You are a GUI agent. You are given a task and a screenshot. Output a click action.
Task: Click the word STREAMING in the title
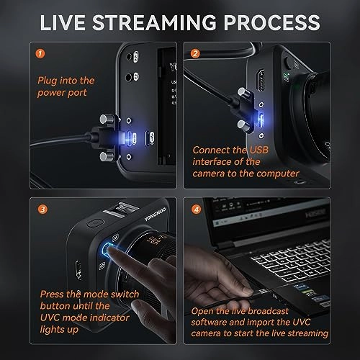pos(154,22)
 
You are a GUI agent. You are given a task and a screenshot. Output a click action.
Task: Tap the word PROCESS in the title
pos(271,22)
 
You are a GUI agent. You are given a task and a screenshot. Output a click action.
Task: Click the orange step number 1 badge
pos(40,53)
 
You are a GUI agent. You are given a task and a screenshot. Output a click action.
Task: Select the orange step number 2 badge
pos(195,53)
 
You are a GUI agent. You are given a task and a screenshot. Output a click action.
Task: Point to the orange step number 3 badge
pos(42,210)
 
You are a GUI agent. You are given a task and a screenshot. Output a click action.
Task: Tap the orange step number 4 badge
pos(197,210)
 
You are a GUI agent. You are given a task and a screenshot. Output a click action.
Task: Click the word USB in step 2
pos(259,150)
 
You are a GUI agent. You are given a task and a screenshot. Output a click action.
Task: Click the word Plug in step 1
pos(47,81)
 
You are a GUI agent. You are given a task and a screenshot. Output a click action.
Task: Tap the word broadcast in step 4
pos(268,311)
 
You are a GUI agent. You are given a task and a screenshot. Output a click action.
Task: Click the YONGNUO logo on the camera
pos(156,214)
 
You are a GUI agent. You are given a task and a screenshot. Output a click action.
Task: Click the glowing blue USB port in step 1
pos(131,138)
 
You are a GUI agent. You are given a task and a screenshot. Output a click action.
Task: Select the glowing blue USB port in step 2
pos(261,120)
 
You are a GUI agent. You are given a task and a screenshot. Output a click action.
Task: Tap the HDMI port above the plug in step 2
pos(261,80)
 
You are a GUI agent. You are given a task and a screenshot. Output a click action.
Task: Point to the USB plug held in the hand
pos(261,292)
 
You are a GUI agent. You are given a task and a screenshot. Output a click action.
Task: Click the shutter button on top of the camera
pos(96,223)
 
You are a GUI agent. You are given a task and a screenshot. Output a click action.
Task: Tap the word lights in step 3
pos(52,330)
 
